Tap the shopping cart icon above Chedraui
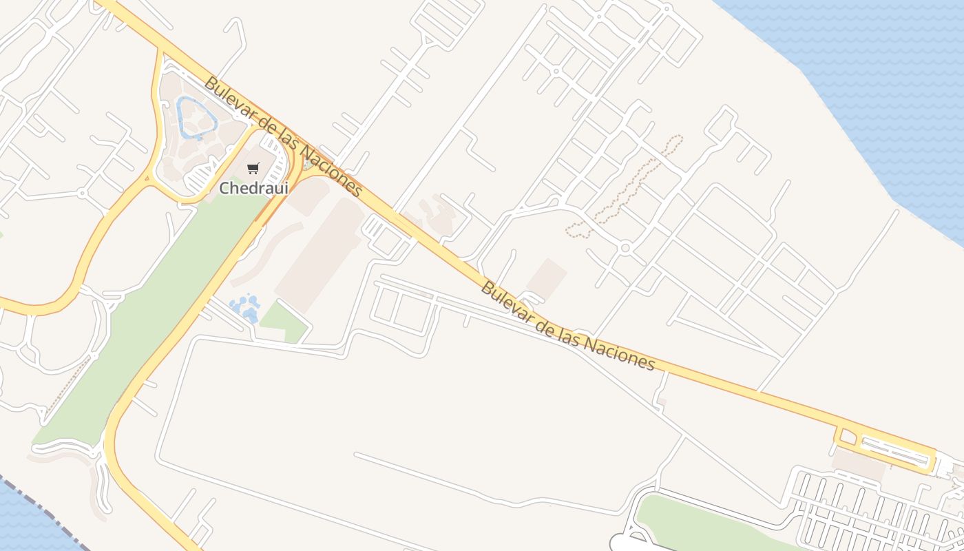253,168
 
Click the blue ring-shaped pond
196,116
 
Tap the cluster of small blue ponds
244,308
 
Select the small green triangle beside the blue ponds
284,322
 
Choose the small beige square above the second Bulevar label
547,278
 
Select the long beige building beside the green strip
320,255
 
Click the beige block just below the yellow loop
859,464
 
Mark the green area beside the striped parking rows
709,523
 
